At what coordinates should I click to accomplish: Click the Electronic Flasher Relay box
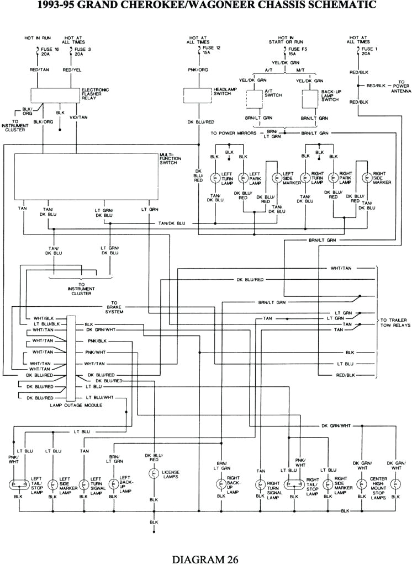(x=55, y=95)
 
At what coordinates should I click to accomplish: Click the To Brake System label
(x=115, y=307)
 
